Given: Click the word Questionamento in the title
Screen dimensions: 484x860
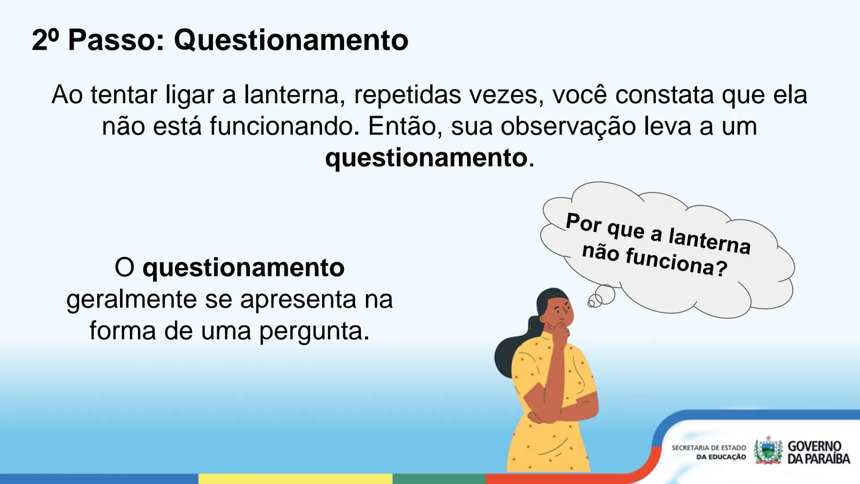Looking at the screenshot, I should (x=291, y=40).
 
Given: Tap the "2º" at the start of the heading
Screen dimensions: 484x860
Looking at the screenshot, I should (x=45, y=40).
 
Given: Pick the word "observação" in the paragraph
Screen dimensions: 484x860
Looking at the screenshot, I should (x=568, y=126).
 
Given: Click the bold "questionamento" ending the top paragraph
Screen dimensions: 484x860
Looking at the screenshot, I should (x=426, y=158).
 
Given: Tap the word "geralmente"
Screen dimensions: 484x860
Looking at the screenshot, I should (x=131, y=299).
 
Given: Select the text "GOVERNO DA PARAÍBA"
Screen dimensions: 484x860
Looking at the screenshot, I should (x=818, y=452).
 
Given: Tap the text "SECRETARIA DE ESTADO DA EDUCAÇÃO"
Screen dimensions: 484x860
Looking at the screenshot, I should (x=709, y=452).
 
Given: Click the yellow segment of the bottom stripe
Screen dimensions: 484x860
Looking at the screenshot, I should (x=295, y=479).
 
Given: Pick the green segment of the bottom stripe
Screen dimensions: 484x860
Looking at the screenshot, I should (x=439, y=479).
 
